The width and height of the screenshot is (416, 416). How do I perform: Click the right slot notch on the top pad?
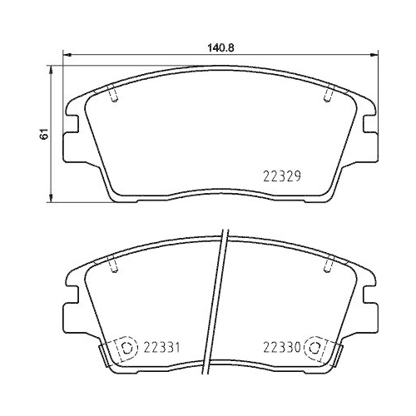tap(329, 97)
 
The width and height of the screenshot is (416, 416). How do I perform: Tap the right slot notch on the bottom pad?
tap(329, 264)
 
